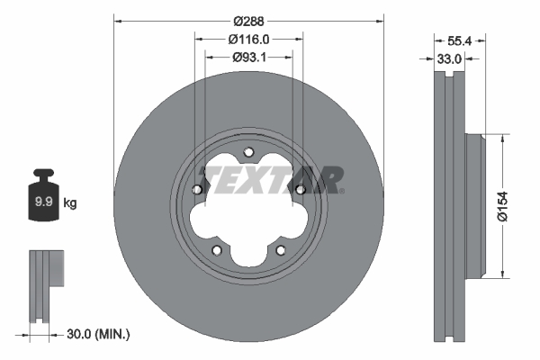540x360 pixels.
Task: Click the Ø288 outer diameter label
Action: click(248, 20)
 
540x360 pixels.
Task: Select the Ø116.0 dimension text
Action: click(248, 39)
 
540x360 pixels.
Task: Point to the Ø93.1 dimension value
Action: click(248, 57)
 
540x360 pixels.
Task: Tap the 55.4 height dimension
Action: click(460, 40)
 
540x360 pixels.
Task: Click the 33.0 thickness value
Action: click(449, 58)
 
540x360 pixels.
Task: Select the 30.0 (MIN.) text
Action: click(99, 335)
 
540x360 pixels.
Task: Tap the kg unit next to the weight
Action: click(70, 203)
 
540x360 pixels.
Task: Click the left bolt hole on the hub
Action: click(197, 189)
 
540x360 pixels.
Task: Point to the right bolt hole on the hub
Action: click(300, 189)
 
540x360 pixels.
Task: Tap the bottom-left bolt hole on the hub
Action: click(216, 249)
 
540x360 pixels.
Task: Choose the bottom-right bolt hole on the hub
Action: click(280, 249)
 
